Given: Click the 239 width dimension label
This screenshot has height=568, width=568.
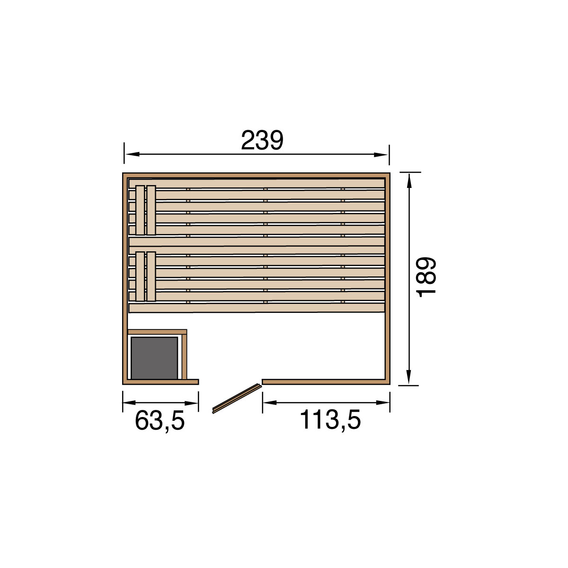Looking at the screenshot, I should coord(262,140).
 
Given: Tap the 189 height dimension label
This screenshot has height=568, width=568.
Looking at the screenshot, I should coord(426,277).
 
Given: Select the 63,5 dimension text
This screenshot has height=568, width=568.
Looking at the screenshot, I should coord(160,420).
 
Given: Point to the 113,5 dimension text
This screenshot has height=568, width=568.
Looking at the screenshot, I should coord(330,420).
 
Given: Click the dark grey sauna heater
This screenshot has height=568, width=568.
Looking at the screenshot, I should coord(154,358).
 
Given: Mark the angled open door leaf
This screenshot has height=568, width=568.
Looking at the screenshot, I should coord(237,398).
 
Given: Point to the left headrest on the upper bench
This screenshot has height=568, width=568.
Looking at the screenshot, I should coord(140,210).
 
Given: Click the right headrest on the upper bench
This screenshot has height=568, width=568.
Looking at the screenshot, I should coord(151,210).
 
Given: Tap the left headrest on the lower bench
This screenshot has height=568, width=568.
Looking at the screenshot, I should coord(140,276).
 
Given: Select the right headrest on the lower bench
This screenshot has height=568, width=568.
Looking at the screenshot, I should coord(151,276).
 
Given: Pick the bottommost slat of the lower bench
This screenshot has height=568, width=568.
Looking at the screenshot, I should coord(257,308).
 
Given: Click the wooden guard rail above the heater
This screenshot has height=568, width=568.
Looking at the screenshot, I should coord(158,332).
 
